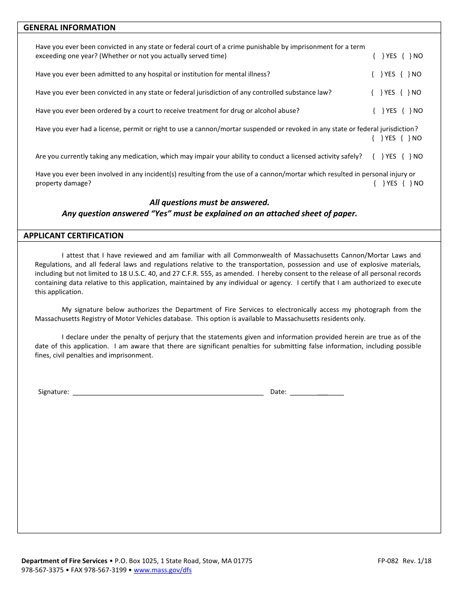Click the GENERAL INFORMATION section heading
(x=69, y=27)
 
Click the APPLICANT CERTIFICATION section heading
(x=73, y=235)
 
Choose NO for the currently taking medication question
(x=406, y=156)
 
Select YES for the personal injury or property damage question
(x=378, y=183)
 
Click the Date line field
(x=317, y=391)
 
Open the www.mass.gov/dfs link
(x=162, y=570)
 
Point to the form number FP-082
(x=388, y=561)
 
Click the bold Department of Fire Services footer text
(x=64, y=561)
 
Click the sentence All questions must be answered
(x=209, y=202)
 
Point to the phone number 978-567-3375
(x=42, y=570)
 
